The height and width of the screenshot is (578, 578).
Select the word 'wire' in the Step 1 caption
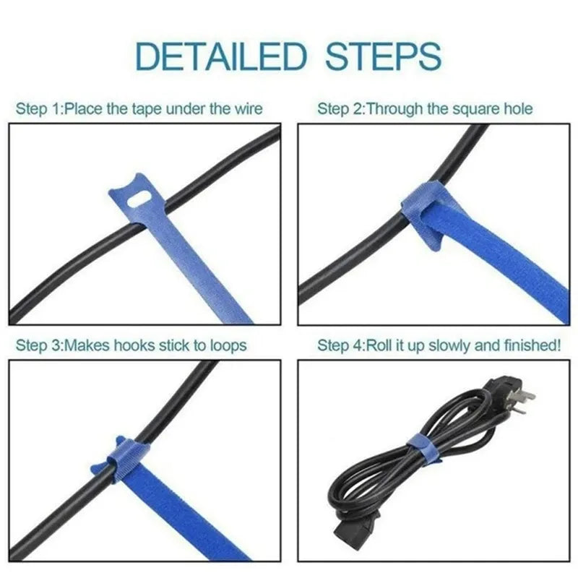click(246, 110)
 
